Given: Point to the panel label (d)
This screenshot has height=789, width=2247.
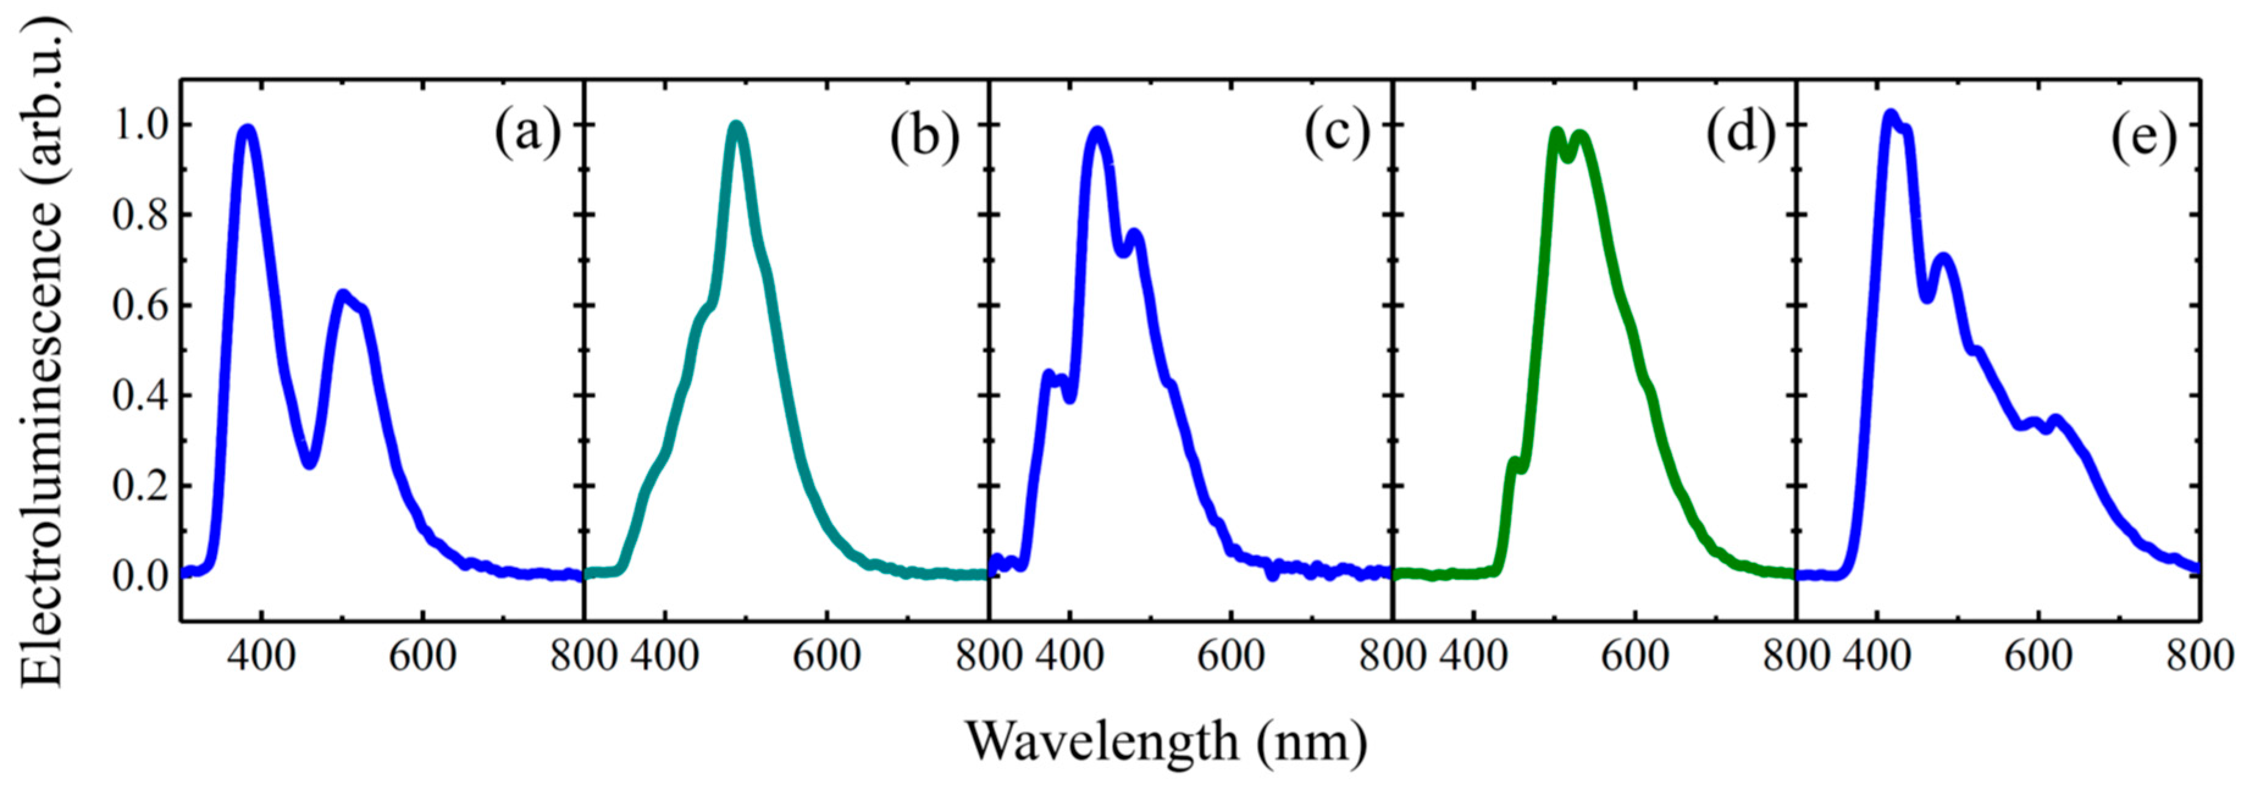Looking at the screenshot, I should coord(1741,136).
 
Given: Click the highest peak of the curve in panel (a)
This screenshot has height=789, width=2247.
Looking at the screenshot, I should coord(248,130).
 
